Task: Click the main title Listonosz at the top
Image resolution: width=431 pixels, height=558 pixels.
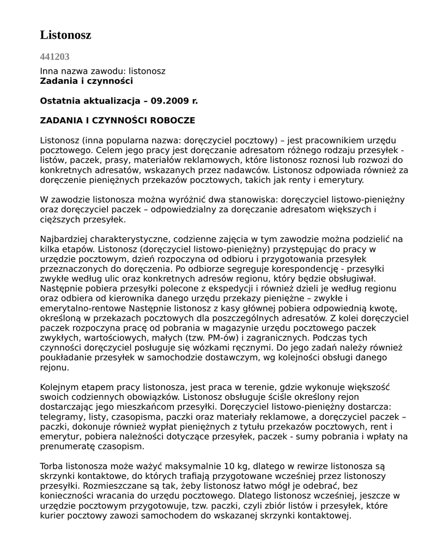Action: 65,35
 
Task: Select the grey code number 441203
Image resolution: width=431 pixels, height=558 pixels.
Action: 54,57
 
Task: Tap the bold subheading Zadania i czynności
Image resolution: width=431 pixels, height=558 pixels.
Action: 86,81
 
